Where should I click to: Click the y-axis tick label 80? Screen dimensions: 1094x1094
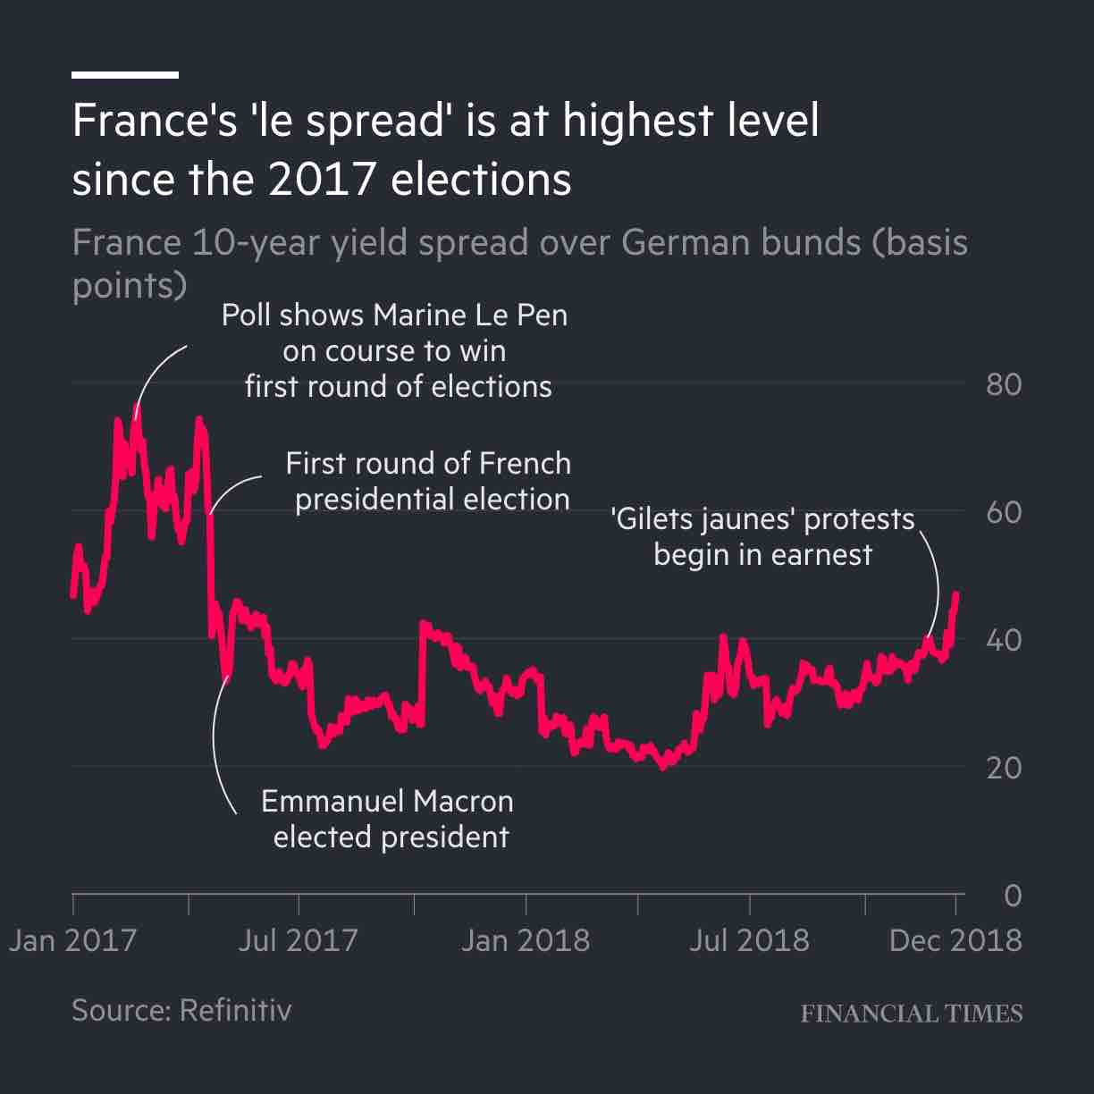pyautogui.click(x=1003, y=385)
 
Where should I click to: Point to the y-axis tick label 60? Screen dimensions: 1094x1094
pyautogui.click(x=1003, y=513)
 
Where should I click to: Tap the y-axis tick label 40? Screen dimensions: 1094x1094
pyautogui.click(x=1003, y=641)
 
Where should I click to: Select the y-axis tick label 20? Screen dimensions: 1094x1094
pyautogui.click(x=1003, y=768)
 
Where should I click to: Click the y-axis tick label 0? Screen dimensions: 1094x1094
pyautogui.click(x=1012, y=896)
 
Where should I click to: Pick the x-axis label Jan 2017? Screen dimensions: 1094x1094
pyautogui.click(x=72, y=940)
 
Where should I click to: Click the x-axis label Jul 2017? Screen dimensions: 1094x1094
pyautogui.click(x=298, y=940)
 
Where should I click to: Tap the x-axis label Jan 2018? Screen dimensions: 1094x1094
pyautogui.click(x=525, y=940)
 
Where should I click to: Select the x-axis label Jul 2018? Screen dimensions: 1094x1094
pyautogui.click(x=749, y=940)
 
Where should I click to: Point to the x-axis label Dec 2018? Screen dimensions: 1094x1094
pyautogui.click(x=955, y=940)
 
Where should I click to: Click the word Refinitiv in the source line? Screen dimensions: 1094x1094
pyautogui.click(x=235, y=1010)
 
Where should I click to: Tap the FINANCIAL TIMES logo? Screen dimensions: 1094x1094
pyautogui.click(x=911, y=1014)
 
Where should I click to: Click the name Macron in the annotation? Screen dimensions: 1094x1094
pyautogui.click(x=463, y=801)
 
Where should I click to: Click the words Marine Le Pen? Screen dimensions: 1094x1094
pyautogui.click(x=470, y=316)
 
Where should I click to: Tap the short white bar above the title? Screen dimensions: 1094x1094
pyautogui.click(x=125, y=75)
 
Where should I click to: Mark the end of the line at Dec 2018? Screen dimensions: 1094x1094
pyautogui.click(x=956, y=594)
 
